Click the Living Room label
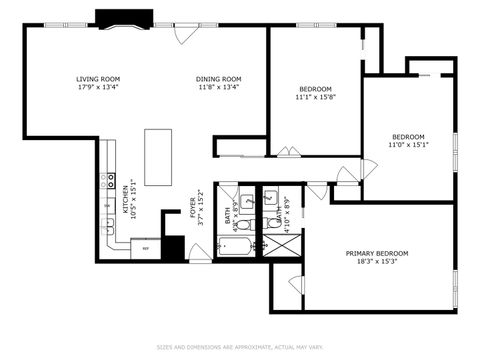coord(98,79)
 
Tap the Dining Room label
coord(217,79)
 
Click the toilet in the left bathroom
coord(243,224)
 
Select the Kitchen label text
coord(126,200)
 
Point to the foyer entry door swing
coord(200,252)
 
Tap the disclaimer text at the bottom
coord(239,348)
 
